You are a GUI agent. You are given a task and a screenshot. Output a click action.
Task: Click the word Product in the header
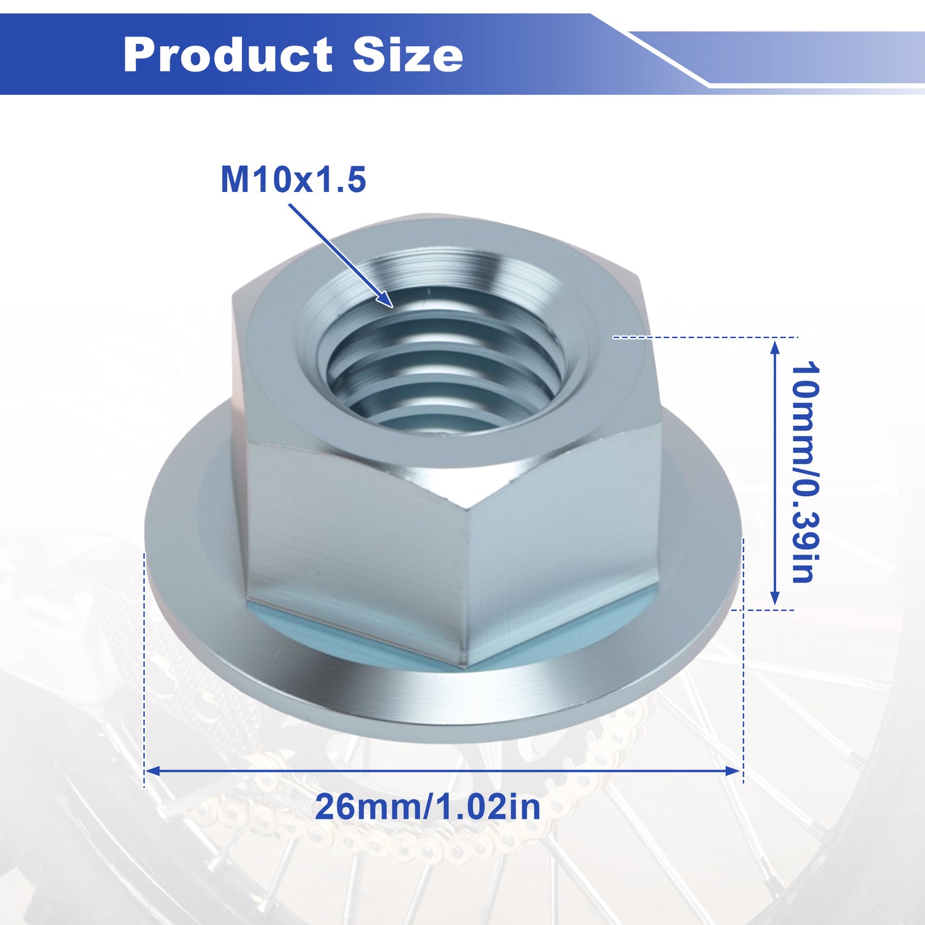tap(228, 54)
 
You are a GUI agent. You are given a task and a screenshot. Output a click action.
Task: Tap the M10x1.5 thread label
tap(293, 179)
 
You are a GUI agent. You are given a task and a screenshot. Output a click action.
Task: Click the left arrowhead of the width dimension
tap(152, 771)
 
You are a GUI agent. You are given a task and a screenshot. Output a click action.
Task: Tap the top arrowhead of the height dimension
tap(774, 346)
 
